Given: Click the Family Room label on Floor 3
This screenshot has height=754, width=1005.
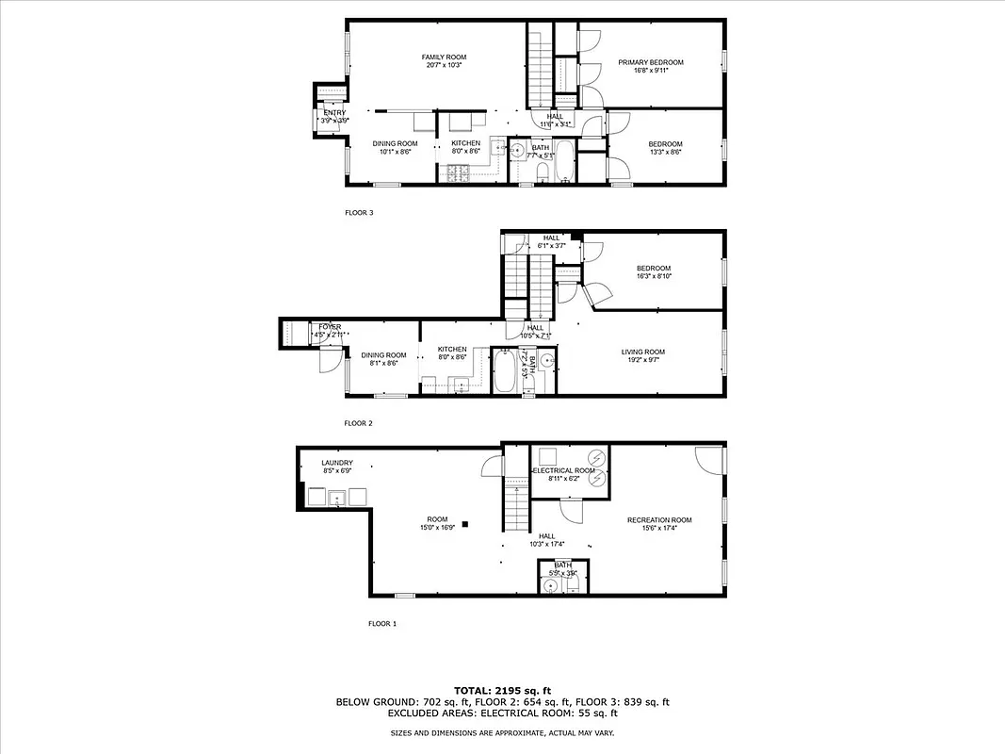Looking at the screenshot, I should [444, 57].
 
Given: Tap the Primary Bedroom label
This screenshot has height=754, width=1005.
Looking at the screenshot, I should [651, 62].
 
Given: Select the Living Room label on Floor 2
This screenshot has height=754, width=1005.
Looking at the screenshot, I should [643, 352].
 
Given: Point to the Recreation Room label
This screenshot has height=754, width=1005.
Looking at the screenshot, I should [659, 520].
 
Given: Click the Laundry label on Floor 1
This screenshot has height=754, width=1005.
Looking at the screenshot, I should [336, 463].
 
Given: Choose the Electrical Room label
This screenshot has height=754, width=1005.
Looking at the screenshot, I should [563, 470].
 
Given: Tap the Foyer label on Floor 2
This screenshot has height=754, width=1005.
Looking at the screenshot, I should [329, 327].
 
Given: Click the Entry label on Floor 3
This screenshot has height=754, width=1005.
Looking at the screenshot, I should [334, 113].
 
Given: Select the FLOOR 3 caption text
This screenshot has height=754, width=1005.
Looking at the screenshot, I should [359, 213].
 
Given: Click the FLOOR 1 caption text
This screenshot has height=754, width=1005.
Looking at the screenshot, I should [382, 624].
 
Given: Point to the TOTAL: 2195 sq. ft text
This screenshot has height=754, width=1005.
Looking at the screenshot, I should [502, 690].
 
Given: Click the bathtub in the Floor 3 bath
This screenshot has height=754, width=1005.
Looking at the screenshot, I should [563, 162].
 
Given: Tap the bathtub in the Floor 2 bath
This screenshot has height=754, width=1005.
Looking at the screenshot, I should [505, 371].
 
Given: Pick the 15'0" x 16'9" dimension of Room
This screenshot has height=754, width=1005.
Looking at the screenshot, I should [437, 528].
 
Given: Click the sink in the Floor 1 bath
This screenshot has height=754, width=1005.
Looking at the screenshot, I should [551, 585].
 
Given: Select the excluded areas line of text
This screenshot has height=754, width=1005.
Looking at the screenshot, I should [502, 713].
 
